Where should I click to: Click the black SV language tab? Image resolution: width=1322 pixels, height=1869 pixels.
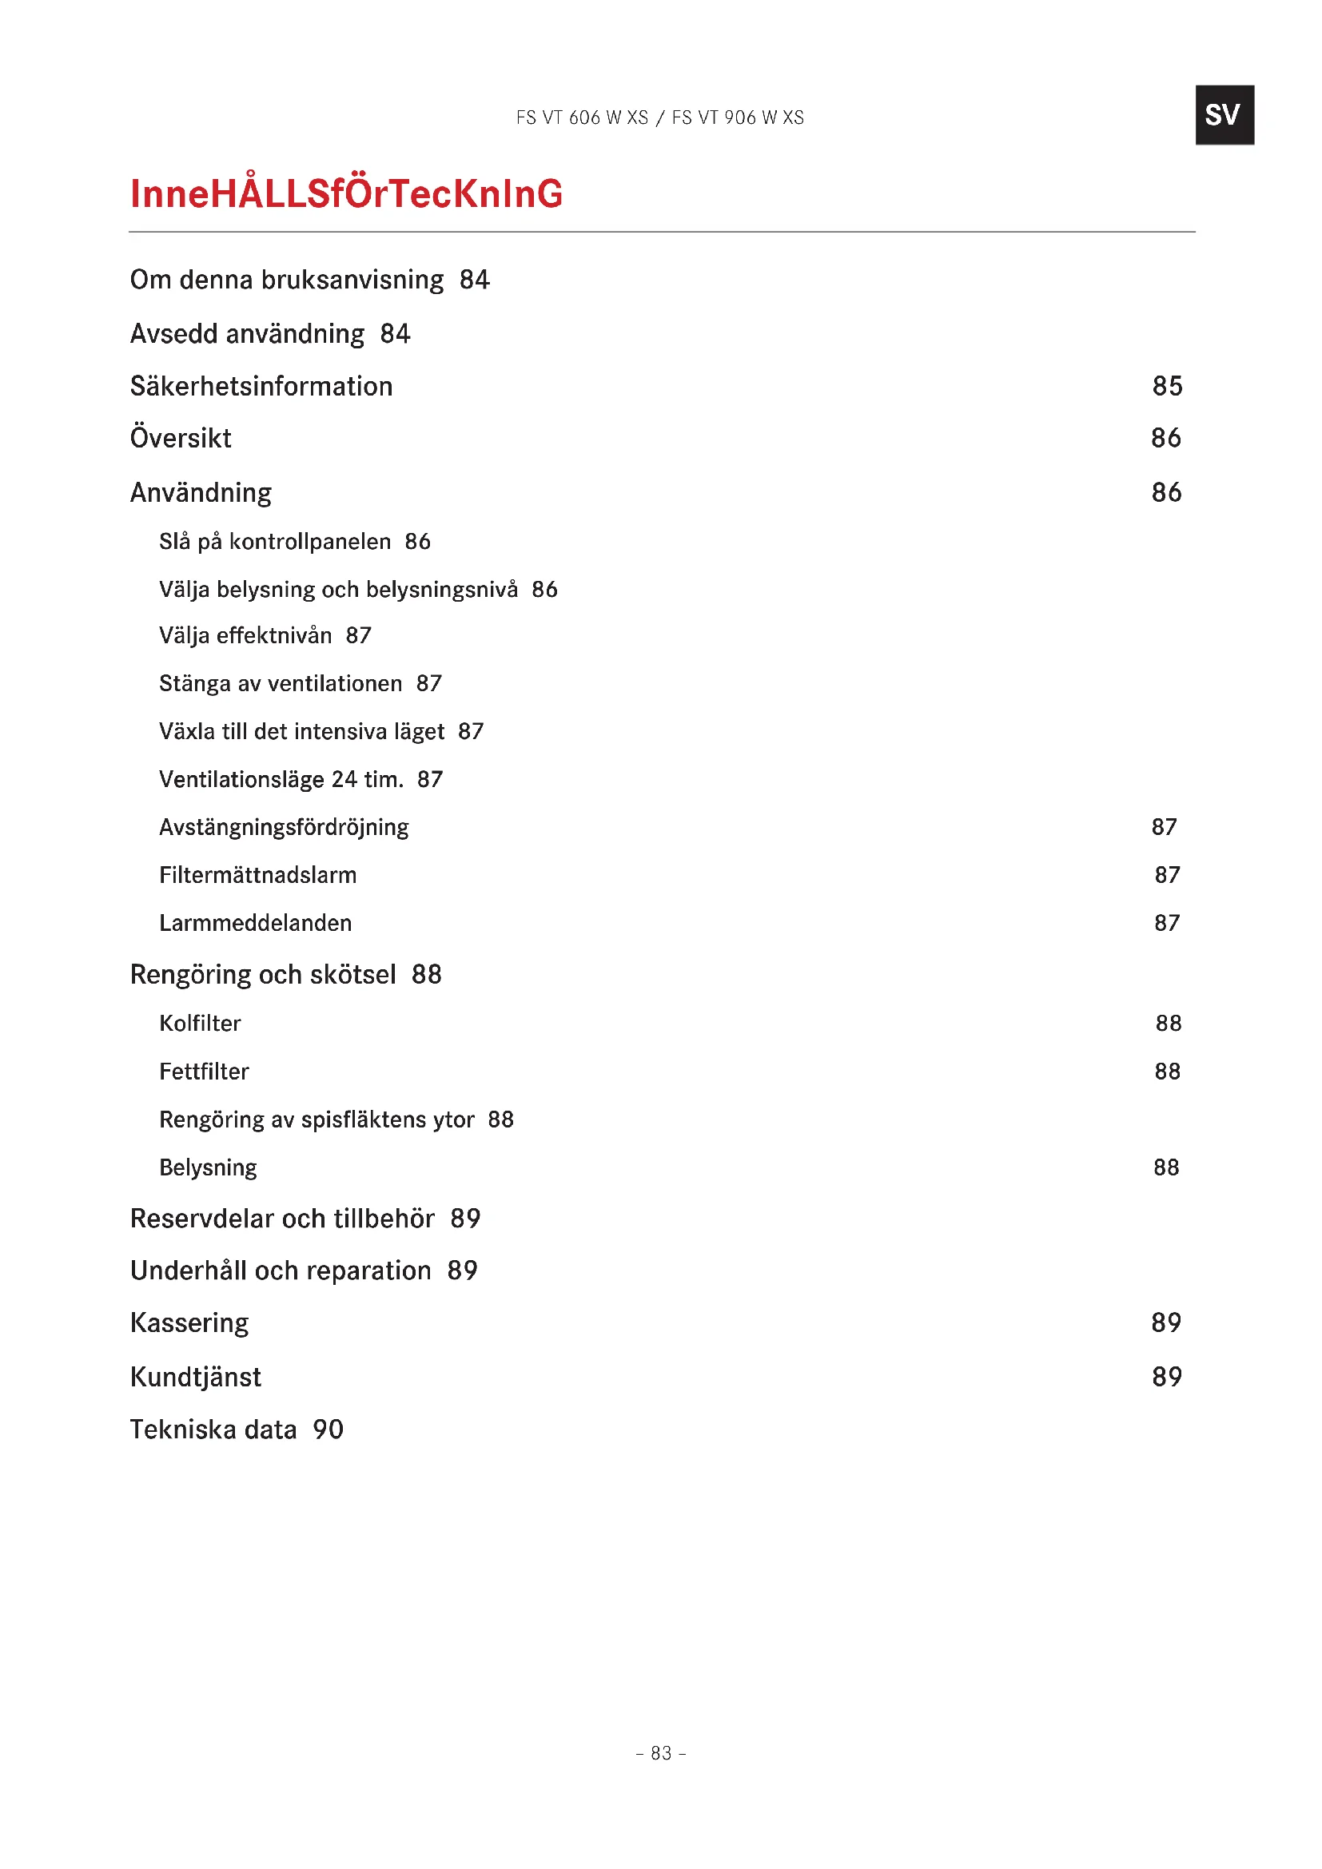tap(1224, 115)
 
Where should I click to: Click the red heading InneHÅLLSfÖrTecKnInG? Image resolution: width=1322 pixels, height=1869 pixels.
tap(346, 193)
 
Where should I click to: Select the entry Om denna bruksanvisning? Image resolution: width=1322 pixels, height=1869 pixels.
tap(287, 280)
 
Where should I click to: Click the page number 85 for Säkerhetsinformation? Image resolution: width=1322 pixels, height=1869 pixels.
tap(1166, 386)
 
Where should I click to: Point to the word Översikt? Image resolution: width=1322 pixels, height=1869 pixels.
tap(181, 439)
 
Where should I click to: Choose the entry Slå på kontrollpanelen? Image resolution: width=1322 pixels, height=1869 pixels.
tap(275, 542)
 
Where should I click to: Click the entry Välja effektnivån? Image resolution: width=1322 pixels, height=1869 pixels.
tap(246, 636)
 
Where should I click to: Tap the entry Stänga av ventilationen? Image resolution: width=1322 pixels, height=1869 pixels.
tap(281, 684)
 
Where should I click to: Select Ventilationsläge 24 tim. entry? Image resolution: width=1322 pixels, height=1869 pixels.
tap(281, 780)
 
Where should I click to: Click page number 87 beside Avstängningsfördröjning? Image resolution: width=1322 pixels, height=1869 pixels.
tap(1164, 828)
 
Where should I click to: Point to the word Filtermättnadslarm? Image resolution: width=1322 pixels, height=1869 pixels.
tap(258, 876)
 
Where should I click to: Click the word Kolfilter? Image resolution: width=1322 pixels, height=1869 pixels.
tap(201, 1024)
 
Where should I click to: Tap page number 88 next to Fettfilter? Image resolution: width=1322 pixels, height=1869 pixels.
tap(1166, 1072)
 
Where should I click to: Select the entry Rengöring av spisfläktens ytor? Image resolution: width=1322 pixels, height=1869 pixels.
tap(317, 1120)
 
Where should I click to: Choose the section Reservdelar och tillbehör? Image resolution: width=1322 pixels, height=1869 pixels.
tap(282, 1219)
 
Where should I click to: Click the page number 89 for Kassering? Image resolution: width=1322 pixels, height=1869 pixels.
tap(1165, 1322)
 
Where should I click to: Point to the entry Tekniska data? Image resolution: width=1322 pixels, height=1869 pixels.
tap(213, 1430)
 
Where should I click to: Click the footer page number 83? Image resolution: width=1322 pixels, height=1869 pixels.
tap(661, 1753)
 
